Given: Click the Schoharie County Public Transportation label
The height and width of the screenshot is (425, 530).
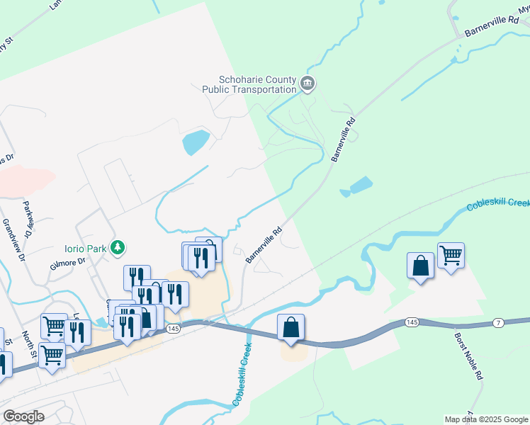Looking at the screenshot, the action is (249, 85).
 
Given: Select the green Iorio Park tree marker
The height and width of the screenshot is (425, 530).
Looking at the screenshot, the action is (119, 248).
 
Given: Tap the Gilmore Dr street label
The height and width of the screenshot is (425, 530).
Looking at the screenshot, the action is (68, 261).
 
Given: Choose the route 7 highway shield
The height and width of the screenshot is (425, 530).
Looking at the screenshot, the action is (498, 323).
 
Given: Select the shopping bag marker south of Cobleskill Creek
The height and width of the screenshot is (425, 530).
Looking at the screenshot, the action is (291, 328).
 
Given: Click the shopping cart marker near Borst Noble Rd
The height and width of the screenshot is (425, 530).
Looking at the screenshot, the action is (451, 255).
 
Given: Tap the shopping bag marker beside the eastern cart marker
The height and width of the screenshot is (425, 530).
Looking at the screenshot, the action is (420, 266).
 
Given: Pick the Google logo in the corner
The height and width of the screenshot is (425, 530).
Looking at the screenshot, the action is (23, 416).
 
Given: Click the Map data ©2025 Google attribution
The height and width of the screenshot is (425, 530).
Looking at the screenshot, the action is (485, 419).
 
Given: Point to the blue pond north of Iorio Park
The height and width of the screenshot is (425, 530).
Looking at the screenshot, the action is (196, 142).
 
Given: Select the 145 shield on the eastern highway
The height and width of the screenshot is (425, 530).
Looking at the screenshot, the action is (412, 322).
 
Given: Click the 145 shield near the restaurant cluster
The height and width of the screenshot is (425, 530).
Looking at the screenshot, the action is (174, 329).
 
